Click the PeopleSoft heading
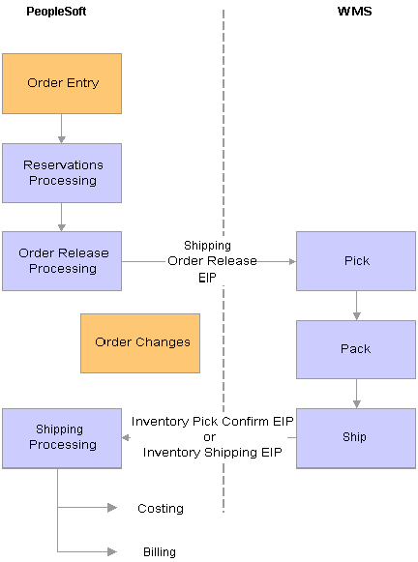coord(56,12)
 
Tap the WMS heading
coord(354,11)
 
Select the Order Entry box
coord(62,84)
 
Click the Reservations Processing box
coord(62,173)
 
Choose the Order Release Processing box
coord(62,261)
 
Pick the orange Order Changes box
coord(140,343)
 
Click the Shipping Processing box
coord(62,438)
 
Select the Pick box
coord(356,261)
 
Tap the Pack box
coord(356,349)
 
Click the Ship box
coord(356,438)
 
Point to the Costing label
coord(161,508)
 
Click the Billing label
coord(160,552)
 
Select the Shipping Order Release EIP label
coord(212,261)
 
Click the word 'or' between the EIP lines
coord(210,437)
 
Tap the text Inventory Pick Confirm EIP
coord(213,422)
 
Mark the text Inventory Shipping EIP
coord(213,453)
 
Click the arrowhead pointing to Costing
coord(112,508)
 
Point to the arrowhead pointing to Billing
coord(112,551)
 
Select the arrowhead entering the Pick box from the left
coord(292,261)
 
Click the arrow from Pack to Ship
coord(356,394)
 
